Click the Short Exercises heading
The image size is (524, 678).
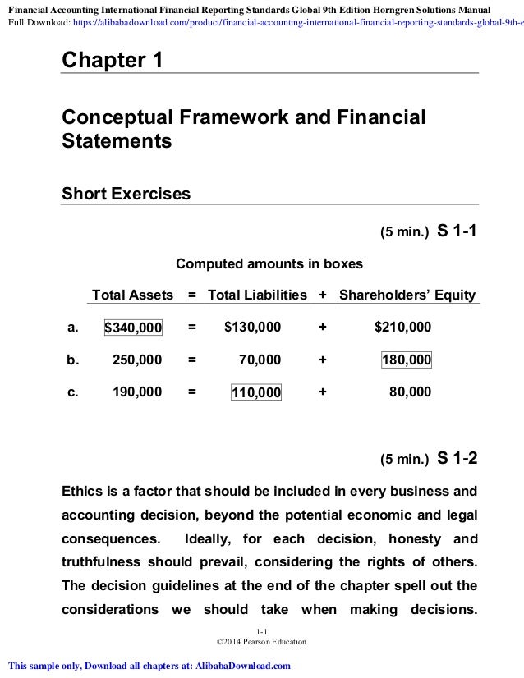tap(126, 195)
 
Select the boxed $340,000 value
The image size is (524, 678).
tap(133, 328)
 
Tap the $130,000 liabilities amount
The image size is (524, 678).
tap(252, 328)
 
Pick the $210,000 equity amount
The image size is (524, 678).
tap(402, 328)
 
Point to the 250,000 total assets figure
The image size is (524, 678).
tap(136, 360)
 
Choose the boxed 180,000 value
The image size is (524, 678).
tap(407, 360)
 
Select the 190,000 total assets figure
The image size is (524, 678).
tap(136, 392)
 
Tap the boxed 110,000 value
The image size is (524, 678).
tap(256, 393)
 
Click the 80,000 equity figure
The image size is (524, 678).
tap(410, 392)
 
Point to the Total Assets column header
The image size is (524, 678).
tap(132, 295)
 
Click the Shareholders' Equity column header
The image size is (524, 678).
tap(407, 295)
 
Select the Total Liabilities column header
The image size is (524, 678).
tap(257, 295)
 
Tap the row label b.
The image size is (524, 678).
tap(72, 360)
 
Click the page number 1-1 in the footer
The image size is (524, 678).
tap(262, 630)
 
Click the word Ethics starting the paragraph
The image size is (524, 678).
tap(85, 493)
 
